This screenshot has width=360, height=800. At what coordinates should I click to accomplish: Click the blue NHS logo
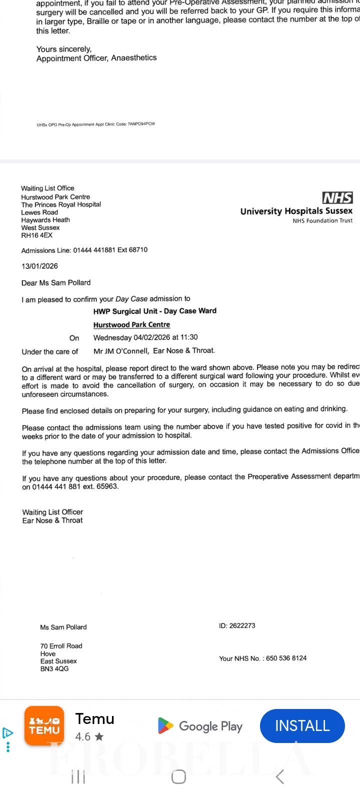(337, 198)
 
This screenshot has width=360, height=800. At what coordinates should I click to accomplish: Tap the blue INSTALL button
(302, 726)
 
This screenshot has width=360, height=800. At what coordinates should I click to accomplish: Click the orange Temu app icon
(44, 726)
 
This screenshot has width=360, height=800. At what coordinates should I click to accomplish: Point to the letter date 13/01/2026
(39, 266)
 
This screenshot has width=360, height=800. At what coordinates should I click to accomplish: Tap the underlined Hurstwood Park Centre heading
(131, 324)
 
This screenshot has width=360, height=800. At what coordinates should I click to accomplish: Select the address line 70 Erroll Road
(61, 646)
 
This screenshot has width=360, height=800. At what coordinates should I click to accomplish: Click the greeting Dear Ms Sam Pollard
(56, 282)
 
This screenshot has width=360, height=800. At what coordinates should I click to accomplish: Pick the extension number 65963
(107, 486)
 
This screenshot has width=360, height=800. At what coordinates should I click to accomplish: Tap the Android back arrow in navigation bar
(280, 777)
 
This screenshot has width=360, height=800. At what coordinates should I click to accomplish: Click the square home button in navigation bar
(178, 777)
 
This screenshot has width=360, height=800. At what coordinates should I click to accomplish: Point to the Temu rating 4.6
(83, 736)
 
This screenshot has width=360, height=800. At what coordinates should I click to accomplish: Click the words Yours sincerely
(63, 49)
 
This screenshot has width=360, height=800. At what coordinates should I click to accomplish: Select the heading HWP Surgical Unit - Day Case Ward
(155, 311)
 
